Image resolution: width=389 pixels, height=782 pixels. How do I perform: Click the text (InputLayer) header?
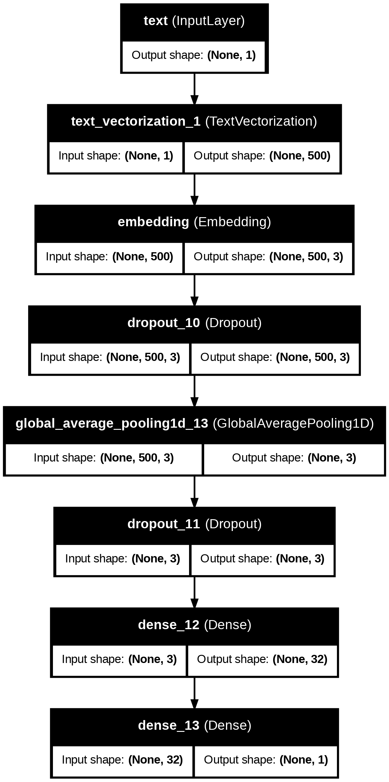[194, 21]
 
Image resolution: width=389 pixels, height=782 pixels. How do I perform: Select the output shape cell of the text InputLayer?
[194, 55]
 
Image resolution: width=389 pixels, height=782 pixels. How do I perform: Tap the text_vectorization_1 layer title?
[194, 121]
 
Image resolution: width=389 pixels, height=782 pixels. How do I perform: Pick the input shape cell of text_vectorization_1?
[116, 156]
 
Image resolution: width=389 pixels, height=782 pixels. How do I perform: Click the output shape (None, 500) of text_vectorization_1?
[262, 156]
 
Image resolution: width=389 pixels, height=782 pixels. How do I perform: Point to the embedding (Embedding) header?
[194, 222]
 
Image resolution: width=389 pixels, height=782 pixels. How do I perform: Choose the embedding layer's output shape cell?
[268, 257]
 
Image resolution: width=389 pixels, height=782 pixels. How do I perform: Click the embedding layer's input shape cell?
[110, 257]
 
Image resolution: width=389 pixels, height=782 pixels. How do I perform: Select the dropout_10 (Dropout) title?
[194, 323]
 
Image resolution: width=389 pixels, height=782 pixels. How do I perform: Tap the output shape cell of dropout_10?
[275, 357]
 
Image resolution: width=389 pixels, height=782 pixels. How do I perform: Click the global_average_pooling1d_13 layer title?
[194, 423]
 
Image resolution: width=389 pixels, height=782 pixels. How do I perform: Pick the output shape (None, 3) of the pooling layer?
[294, 458]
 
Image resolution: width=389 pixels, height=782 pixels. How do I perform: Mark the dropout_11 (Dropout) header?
[194, 524]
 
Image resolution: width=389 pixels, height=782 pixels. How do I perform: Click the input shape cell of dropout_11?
[123, 559]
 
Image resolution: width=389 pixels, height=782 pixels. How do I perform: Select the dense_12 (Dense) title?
[194, 625]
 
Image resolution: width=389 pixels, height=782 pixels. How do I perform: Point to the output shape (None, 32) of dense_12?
[262, 659]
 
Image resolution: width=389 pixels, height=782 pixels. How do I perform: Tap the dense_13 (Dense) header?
[194, 726]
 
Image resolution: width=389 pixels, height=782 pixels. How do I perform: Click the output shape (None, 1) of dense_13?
[266, 760]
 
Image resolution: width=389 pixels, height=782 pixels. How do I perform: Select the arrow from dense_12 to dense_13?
[194, 693]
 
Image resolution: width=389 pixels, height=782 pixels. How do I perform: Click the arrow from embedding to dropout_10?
[194, 290]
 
